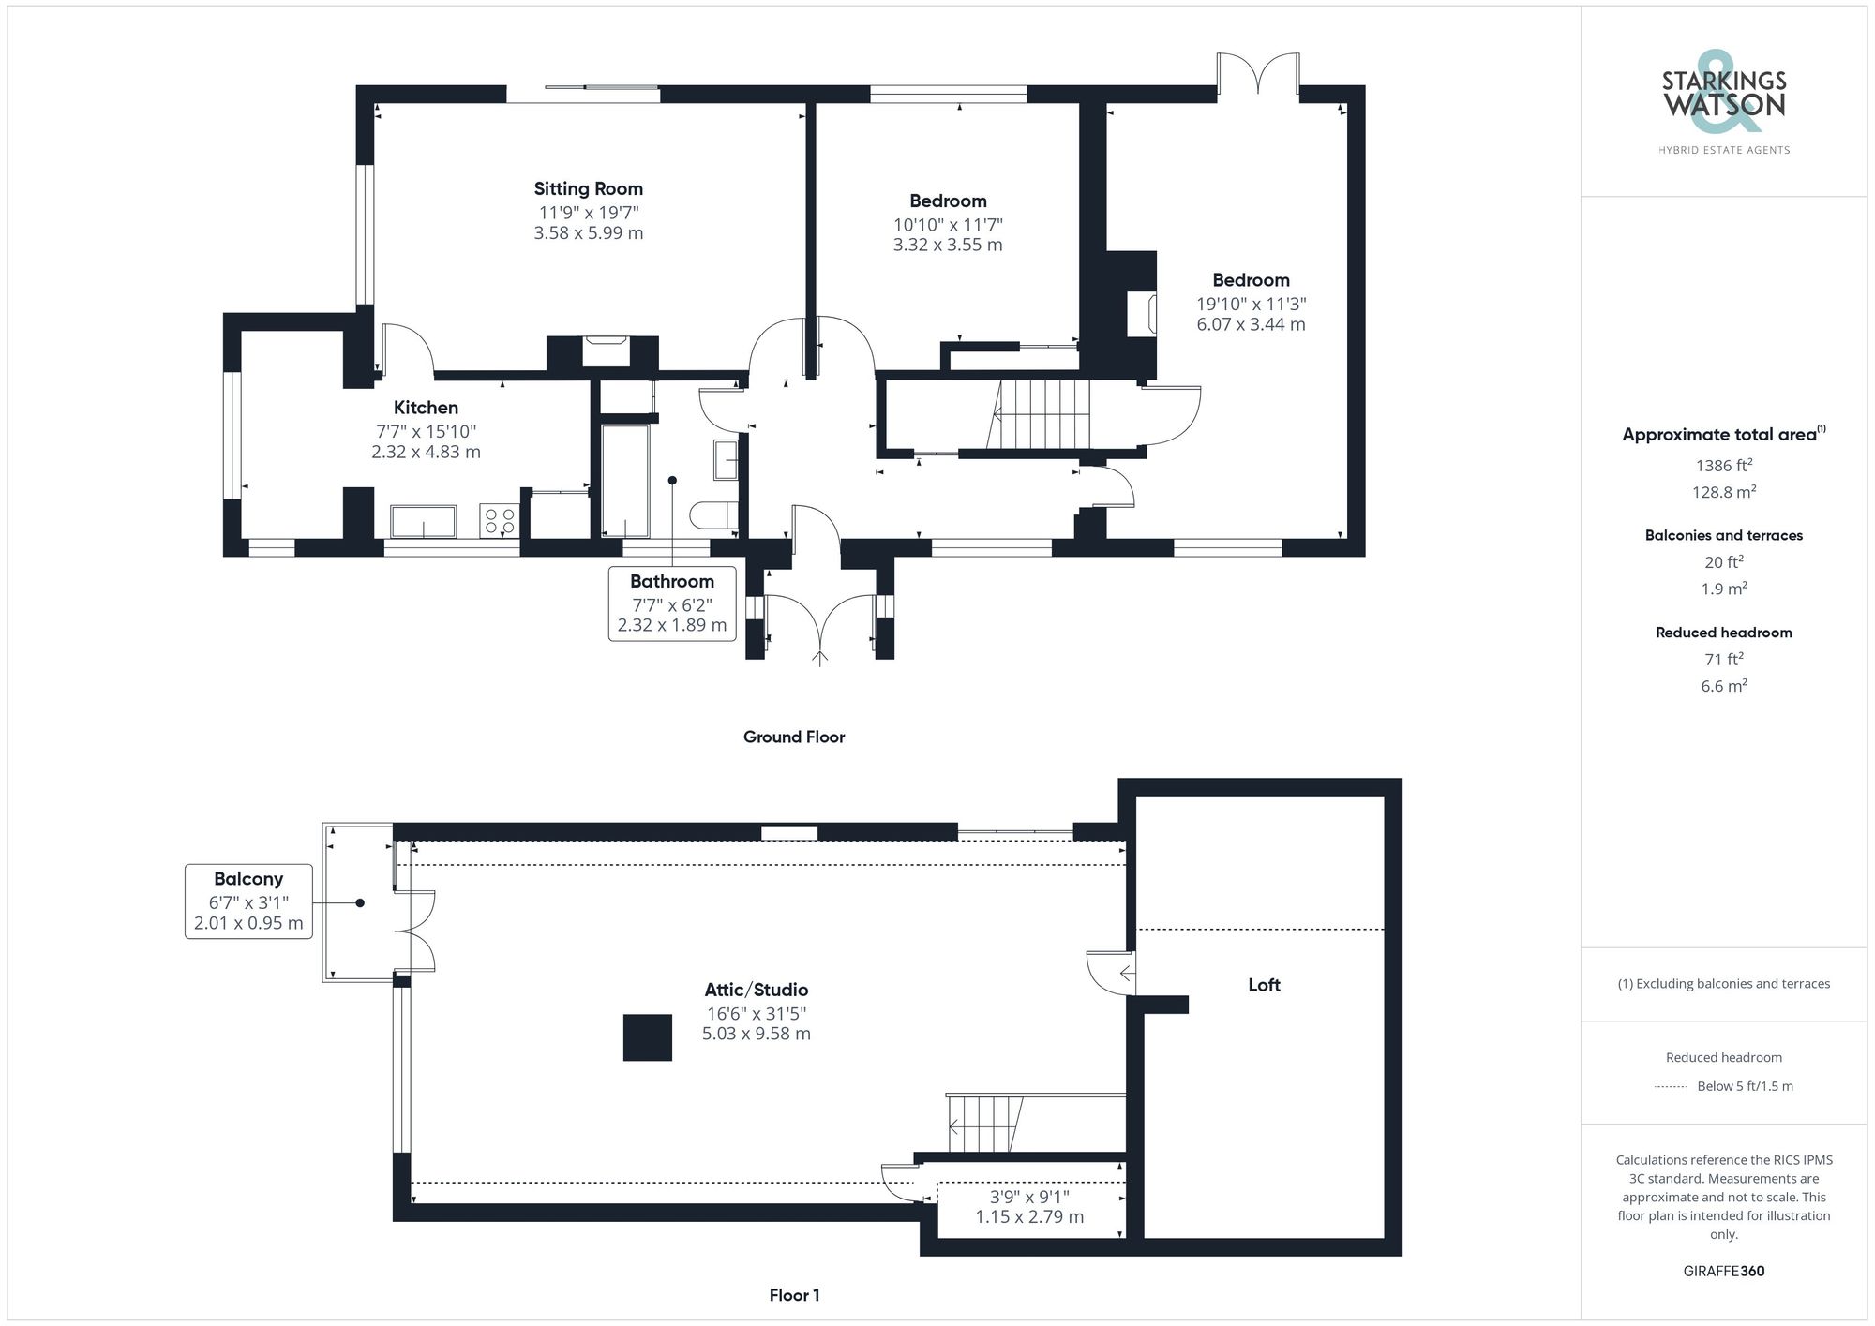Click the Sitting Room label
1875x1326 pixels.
click(588, 188)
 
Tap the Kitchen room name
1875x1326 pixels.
click(426, 408)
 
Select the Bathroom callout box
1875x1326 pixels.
click(671, 603)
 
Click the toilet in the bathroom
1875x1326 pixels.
click(712, 515)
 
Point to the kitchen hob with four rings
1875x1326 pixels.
click(500, 521)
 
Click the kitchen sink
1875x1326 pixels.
click(423, 522)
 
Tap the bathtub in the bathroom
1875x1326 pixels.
click(624, 482)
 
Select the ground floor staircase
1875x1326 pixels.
click(1041, 414)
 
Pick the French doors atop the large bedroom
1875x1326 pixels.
click(1257, 75)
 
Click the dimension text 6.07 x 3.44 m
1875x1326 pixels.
click(1250, 324)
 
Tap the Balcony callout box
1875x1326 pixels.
click(248, 901)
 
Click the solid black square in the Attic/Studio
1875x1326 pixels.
click(648, 1037)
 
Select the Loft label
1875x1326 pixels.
click(1264, 985)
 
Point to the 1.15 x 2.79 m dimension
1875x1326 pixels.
click(1028, 1217)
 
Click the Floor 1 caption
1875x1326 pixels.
click(794, 1295)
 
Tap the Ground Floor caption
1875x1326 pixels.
click(794, 737)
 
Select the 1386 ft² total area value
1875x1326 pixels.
click(1723, 466)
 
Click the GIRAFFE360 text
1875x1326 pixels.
click(1723, 1272)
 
